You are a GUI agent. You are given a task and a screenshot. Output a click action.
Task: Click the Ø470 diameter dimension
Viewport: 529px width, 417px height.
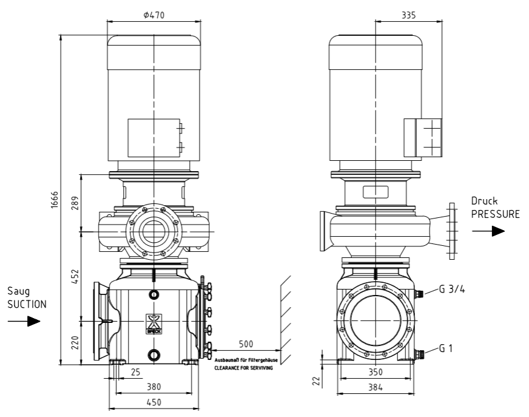pyautogui.click(x=154, y=15)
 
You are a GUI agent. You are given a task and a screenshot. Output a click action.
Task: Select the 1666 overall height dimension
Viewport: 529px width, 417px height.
pyautogui.click(x=55, y=200)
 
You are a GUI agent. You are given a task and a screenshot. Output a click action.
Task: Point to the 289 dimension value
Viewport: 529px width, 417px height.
pyautogui.click(x=75, y=203)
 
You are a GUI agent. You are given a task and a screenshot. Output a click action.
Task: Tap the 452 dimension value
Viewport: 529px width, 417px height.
pyautogui.click(x=75, y=276)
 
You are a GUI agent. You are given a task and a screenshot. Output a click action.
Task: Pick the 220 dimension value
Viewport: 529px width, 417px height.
pyautogui.click(x=75, y=343)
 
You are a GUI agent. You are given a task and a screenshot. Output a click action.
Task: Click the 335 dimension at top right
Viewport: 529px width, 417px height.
pyautogui.click(x=408, y=15)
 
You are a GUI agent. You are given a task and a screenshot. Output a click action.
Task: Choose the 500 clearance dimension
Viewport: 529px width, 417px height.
pyautogui.click(x=246, y=344)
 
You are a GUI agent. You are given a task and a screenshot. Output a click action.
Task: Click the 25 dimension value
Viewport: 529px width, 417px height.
pyautogui.click(x=135, y=372)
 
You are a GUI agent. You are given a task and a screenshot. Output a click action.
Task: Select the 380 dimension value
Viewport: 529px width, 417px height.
pyautogui.click(x=154, y=387)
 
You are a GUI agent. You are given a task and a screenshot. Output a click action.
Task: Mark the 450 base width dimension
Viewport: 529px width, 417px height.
pyautogui.click(x=154, y=402)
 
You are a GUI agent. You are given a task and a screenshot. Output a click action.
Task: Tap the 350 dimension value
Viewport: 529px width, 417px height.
pyautogui.click(x=376, y=372)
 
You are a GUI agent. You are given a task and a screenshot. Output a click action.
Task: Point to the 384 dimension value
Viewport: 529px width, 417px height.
pyautogui.click(x=376, y=387)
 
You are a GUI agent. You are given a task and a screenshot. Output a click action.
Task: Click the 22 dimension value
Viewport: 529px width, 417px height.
pyautogui.click(x=316, y=381)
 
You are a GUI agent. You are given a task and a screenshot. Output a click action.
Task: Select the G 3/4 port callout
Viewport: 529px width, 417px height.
pyautogui.click(x=452, y=290)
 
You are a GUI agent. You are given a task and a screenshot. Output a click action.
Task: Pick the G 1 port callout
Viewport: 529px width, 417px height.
pyautogui.click(x=446, y=348)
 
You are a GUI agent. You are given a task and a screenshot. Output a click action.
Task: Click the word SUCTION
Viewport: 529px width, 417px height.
pyautogui.click(x=27, y=304)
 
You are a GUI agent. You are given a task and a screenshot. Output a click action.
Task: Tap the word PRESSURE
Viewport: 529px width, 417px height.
pyautogui.click(x=496, y=214)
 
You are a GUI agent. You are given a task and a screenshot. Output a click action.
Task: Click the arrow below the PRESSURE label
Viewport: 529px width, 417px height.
pyautogui.click(x=488, y=231)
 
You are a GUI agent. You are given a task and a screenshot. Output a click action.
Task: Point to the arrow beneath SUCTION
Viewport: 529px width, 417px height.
pyautogui.click(x=24, y=321)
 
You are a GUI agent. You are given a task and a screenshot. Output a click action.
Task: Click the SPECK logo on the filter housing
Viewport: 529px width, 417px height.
pyautogui.click(x=154, y=324)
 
